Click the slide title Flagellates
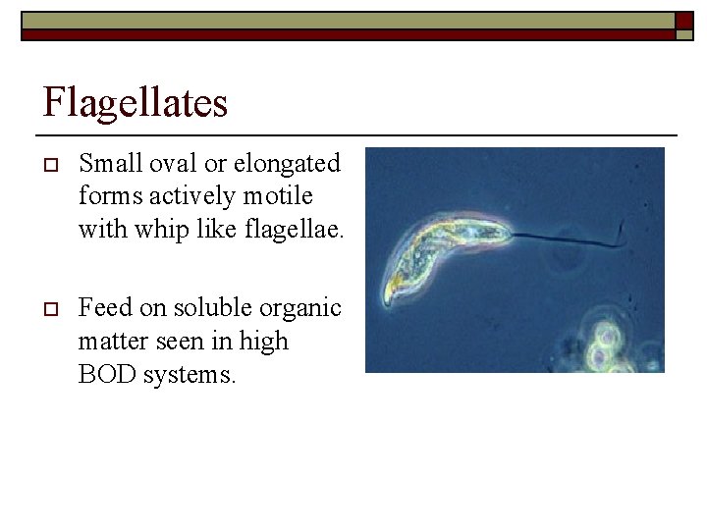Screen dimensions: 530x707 pyautogui.click(x=136, y=102)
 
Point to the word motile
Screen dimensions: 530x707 pyautogui.click(x=281, y=195)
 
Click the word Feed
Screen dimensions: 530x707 pyautogui.click(x=105, y=308)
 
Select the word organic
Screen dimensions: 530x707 pyautogui.click(x=302, y=308)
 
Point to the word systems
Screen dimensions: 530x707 pyautogui.click(x=192, y=375)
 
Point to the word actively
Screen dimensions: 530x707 pyautogui.click(x=188, y=195)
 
